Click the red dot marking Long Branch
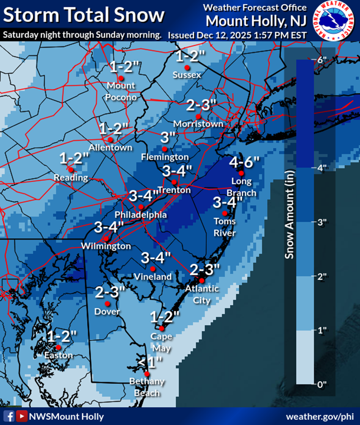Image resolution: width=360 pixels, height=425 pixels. pos(241,173)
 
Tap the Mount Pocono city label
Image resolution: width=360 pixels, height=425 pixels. pos(121,91)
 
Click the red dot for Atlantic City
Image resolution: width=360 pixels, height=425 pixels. pos(202,281)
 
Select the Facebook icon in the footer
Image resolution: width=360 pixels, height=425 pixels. pos(9,416)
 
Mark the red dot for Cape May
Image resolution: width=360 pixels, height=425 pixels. pos(162,328)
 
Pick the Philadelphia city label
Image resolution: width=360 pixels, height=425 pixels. pos(140,214)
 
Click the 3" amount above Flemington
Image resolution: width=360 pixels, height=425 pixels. pos(168,138)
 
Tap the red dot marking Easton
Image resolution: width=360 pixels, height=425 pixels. pos(58,347)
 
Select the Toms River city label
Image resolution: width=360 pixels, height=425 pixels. pos(224,227)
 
